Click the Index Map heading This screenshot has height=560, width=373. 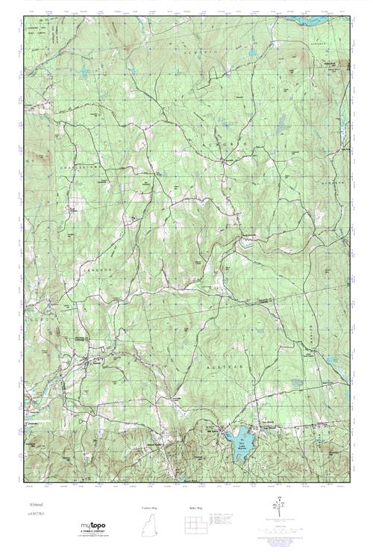click(195, 507)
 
